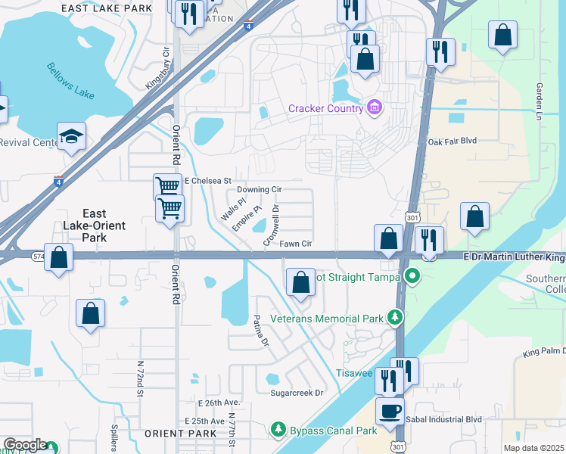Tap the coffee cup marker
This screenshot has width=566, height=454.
pyautogui.click(x=390, y=412)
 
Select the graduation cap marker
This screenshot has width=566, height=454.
pyautogui.click(x=71, y=136)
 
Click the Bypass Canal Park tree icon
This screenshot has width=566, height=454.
pyautogui.click(x=278, y=431)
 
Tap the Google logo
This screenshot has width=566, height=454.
pyautogui.click(x=24, y=446)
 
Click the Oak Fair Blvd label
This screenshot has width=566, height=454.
pyautogui.click(x=452, y=141)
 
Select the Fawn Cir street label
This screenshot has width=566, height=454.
pyautogui.click(x=296, y=244)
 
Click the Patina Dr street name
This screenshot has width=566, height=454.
pyautogui.click(x=260, y=331)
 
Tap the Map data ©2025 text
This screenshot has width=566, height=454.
pyautogui.click(x=533, y=448)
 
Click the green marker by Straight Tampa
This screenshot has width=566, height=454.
pyautogui.click(x=412, y=276)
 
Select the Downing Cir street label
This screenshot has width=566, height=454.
pyautogui.click(x=260, y=189)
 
